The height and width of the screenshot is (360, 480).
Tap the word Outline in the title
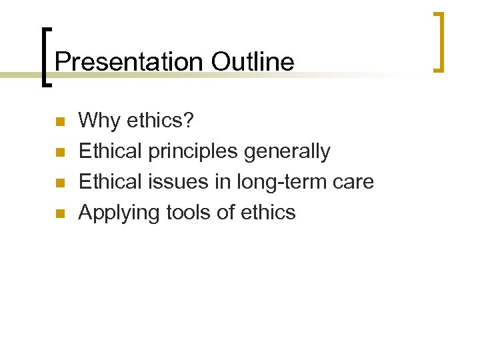click(x=253, y=62)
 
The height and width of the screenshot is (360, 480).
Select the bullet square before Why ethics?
click(x=59, y=122)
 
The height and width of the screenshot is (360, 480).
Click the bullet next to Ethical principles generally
click(x=59, y=153)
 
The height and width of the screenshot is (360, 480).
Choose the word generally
click(x=287, y=152)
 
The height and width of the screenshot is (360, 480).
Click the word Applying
click(x=117, y=213)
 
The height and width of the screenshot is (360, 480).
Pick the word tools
click(x=186, y=213)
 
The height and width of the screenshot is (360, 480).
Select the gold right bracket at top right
click(x=439, y=41)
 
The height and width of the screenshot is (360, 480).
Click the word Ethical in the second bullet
click(x=110, y=151)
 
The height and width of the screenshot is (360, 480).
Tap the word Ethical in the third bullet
click(x=110, y=182)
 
